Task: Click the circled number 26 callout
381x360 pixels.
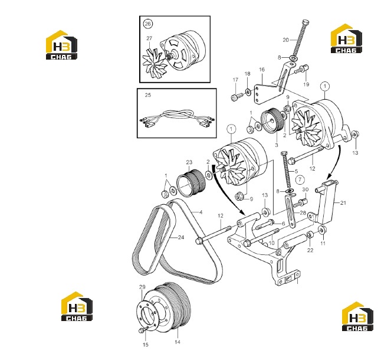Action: (x=147, y=24)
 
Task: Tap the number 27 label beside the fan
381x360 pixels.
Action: (x=149, y=38)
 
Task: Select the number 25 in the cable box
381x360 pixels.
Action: (x=147, y=95)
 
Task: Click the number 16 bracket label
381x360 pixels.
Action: (x=262, y=70)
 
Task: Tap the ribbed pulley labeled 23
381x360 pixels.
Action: (x=192, y=182)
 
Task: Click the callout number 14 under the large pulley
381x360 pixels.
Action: (x=178, y=342)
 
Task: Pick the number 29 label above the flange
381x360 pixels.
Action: (x=142, y=287)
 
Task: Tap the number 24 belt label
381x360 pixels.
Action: (x=181, y=237)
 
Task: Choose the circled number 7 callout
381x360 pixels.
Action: (x=300, y=179)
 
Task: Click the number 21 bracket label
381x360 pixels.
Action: (x=343, y=203)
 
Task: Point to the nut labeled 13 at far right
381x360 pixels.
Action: (x=356, y=134)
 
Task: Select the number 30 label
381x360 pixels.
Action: (x=305, y=189)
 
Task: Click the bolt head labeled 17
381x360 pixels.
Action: (x=235, y=98)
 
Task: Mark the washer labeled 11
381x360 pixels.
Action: (x=323, y=230)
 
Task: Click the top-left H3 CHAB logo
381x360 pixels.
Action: (x=61, y=45)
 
